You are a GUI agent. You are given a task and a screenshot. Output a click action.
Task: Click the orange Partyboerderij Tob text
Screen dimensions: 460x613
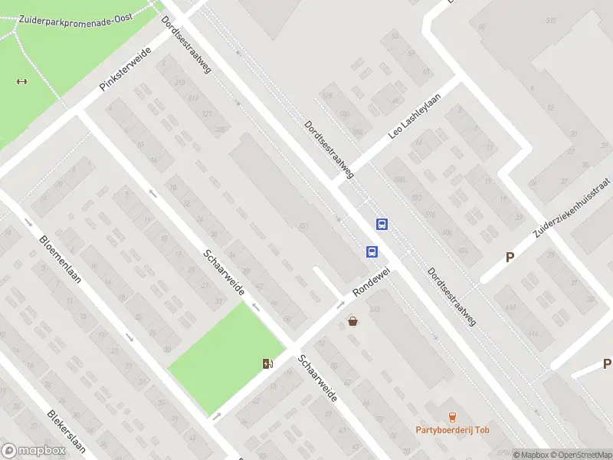tap(452, 430)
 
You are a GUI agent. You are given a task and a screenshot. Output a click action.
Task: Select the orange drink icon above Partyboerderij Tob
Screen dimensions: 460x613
tap(452, 417)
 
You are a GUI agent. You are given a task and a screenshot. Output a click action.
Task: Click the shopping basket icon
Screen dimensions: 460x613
tap(353, 321)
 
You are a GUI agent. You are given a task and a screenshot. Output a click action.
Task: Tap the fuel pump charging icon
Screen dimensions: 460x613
tap(267, 363)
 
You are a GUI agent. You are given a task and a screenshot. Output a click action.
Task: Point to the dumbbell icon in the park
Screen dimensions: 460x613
tap(21, 81)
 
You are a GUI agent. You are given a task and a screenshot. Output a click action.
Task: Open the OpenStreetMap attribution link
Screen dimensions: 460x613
tap(580, 455)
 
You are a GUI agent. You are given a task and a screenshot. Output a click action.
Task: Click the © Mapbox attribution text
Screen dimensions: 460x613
tap(531, 455)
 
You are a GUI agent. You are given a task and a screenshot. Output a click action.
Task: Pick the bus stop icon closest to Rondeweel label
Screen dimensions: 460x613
tap(372, 251)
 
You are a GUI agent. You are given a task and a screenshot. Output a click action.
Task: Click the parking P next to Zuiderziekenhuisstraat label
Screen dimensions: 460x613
tap(510, 258)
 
